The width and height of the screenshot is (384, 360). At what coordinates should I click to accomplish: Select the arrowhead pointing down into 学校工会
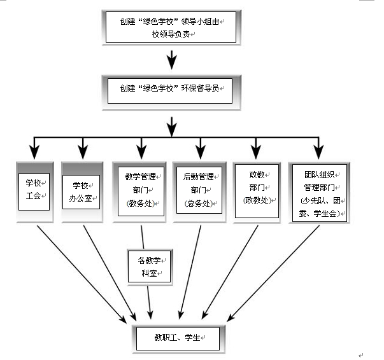point(34,153)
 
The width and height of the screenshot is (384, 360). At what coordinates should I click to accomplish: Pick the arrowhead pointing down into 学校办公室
point(82,153)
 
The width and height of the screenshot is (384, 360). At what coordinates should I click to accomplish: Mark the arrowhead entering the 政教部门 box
point(256,153)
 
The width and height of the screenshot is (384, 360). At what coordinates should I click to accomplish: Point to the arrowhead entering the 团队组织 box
point(316,153)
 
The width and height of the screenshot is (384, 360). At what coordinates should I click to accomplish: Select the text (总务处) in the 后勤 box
point(199,204)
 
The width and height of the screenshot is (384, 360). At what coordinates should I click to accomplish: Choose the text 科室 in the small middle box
point(148,273)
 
